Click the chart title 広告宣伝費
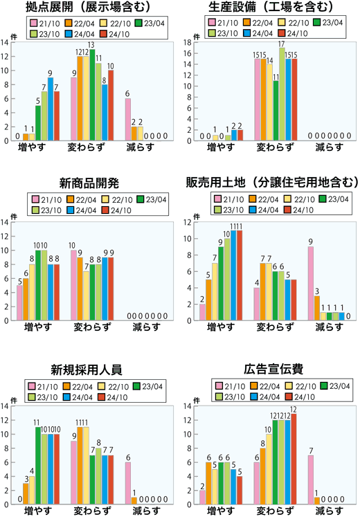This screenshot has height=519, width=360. pos(273,368)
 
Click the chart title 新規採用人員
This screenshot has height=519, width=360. pos(89,368)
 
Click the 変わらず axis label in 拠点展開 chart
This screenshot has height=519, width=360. pos(91,147)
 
